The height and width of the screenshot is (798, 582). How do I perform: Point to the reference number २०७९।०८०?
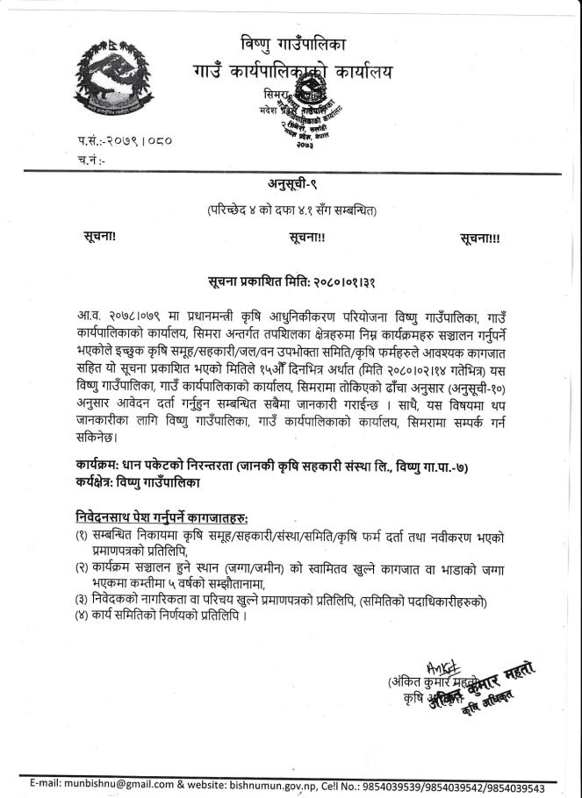tap(128, 140)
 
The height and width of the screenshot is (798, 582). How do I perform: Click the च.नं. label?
tap(91, 159)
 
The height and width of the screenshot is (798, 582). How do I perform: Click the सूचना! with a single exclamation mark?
tap(94, 237)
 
